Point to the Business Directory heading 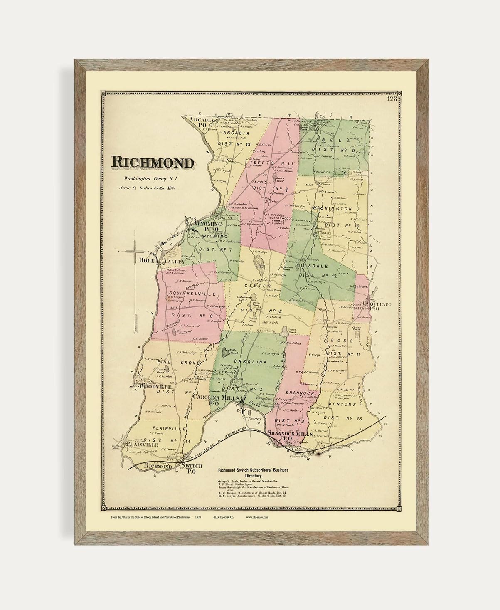253,472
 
